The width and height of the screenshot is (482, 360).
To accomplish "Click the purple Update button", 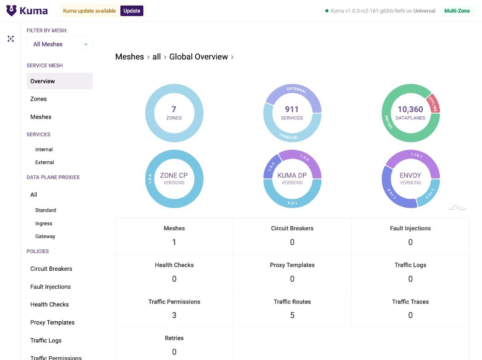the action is tap(131, 11).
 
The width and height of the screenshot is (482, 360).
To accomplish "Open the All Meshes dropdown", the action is tap(60, 44).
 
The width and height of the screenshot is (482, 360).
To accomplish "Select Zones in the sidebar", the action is tap(39, 99).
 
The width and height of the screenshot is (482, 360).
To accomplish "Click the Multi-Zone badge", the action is tap(457, 11).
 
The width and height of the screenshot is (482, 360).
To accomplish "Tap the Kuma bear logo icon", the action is tap(11, 11).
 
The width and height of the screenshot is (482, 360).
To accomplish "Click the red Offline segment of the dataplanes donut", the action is tap(433, 103).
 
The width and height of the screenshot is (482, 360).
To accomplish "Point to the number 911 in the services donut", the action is tap(292, 109).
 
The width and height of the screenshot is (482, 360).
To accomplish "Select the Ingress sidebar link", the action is tap(44, 223).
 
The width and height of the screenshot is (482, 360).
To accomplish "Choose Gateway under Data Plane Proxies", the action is tap(45, 236).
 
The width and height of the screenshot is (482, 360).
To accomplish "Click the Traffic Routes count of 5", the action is tap(292, 315).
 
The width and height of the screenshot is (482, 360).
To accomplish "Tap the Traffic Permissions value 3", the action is tap(174, 315).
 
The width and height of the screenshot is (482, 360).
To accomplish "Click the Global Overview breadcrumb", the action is tap(198, 57).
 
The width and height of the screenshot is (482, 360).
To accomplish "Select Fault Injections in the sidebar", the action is tap(51, 287).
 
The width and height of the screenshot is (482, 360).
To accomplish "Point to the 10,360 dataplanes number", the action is tap(410, 109).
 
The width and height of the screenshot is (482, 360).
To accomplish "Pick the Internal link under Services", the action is tap(44, 149).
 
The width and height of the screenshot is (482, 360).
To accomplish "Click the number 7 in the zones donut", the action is tap(174, 109).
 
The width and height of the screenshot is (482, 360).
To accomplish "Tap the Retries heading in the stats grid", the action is tap(174, 338).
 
